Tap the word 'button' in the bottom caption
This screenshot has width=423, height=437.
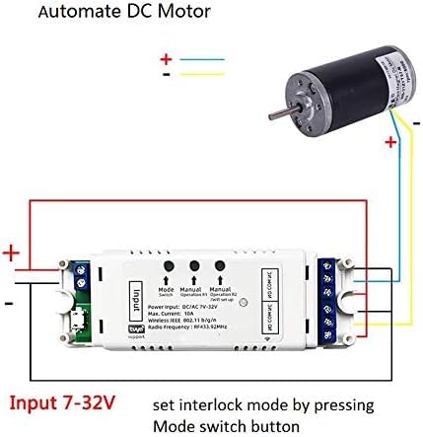pyautogui.click(x=275, y=425)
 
